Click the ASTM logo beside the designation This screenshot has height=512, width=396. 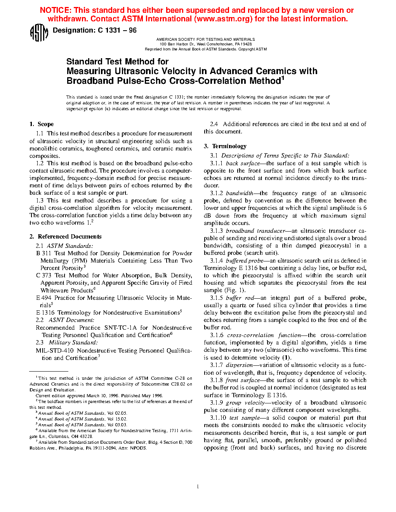click(39, 33)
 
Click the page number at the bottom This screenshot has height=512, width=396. click(198, 486)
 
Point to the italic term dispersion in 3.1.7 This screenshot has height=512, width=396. click(239, 365)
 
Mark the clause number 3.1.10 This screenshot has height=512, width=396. click(218, 418)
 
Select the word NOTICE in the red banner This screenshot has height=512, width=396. click(55, 10)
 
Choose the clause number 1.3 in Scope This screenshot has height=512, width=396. click(40, 201)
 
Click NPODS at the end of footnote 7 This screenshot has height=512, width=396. click(138, 448)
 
